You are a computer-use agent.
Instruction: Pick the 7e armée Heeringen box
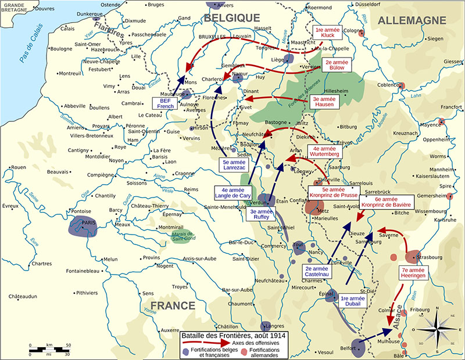(x=414, y=273)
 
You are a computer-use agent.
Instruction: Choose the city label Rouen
(x=19, y=167)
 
